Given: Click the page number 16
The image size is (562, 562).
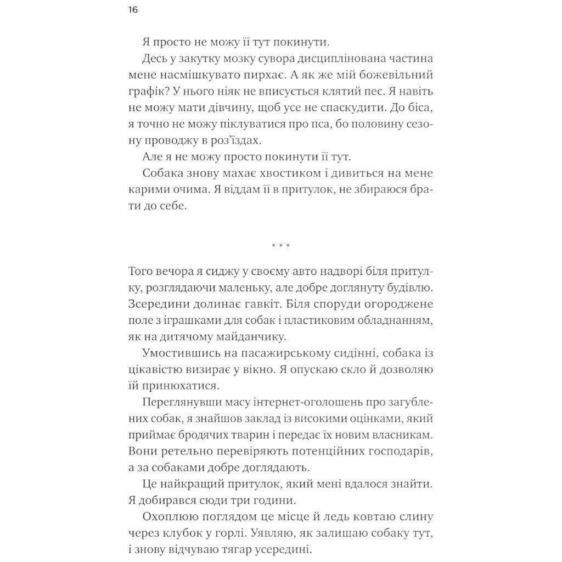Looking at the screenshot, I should (133, 10).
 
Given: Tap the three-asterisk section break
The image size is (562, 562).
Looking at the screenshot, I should (280, 246).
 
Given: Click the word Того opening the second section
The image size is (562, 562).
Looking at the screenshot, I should (143, 272).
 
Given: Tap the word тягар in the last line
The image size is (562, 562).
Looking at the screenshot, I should (244, 550).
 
